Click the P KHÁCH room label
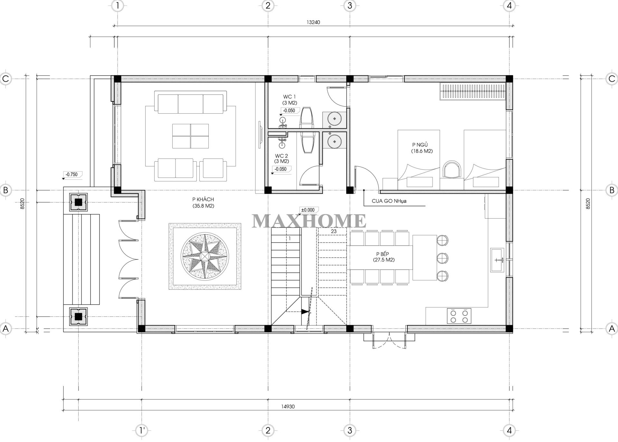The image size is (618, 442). tap(203, 203)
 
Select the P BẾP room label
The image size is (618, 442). tap(384, 257)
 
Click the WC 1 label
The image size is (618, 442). tap(290, 100)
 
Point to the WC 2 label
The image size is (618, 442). tap(281, 158)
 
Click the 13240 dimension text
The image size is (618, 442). tap(313, 22)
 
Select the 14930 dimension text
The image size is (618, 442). tap(288, 407)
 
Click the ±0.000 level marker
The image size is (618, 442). tap(308, 210)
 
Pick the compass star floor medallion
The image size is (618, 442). tap(205, 256)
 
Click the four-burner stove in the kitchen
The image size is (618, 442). tap(459, 316)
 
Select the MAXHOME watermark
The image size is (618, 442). tap(309, 221)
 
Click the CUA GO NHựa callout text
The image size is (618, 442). tap(389, 201)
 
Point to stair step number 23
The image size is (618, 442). tap(334, 231)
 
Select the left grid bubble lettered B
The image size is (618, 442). tap(5, 190)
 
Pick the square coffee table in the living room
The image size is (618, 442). tap(190, 136)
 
